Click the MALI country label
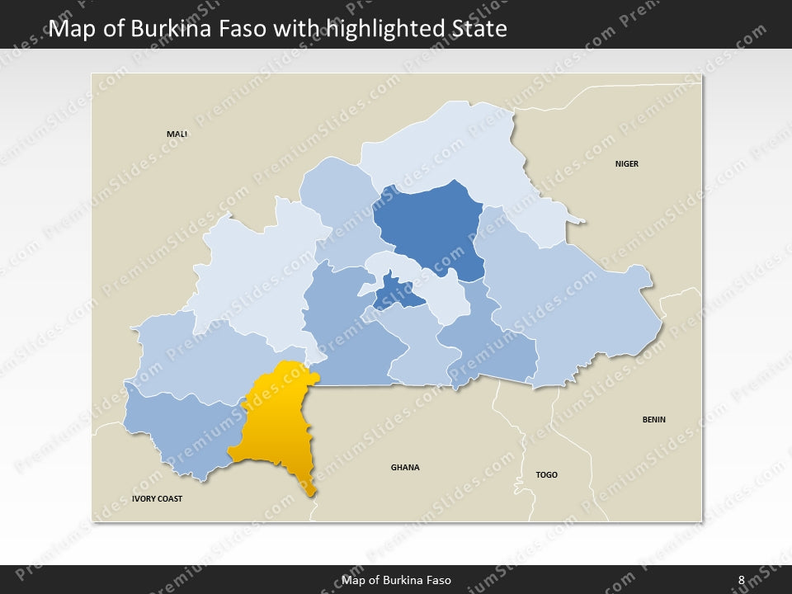click(x=177, y=134)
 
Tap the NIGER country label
click(x=627, y=163)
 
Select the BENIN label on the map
click(x=654, y=419)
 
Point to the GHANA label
click(x=405, y=467)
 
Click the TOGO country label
click(x=547, y=474)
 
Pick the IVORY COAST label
click(x=157, y=499)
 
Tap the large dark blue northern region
click(x=433, y=223)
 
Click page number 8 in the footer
click(x=741, y=580)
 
